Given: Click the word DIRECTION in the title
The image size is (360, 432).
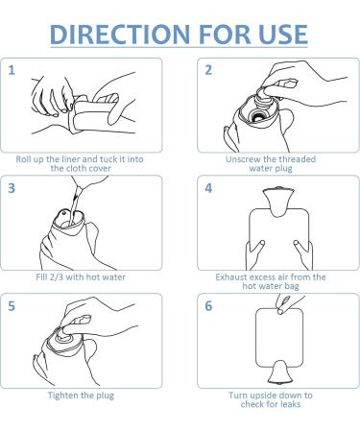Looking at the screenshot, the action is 120,34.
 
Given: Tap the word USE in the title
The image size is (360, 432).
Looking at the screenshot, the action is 283,34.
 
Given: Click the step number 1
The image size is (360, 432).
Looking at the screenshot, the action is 12,70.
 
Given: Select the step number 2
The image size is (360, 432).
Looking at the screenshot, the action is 208,70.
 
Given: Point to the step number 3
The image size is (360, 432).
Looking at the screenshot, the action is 12,188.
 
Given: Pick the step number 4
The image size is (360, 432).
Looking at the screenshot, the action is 208,188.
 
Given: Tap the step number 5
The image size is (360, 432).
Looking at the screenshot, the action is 12,306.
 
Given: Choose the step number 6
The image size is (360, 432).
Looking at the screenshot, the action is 208,306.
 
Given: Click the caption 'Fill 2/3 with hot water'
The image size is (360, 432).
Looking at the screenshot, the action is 81,276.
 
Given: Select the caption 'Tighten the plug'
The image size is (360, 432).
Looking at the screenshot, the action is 81,396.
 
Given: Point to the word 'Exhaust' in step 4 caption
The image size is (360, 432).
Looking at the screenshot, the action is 231,276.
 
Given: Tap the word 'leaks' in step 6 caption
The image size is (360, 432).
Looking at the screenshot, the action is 289,404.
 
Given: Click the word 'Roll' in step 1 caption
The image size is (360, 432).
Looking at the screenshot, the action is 22,159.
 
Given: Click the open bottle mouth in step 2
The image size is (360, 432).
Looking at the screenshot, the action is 256,116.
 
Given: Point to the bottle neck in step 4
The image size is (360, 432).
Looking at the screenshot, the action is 277,201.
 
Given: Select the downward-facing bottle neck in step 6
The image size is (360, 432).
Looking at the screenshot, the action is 280,372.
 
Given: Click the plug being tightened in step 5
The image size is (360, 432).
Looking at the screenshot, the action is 64,333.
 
